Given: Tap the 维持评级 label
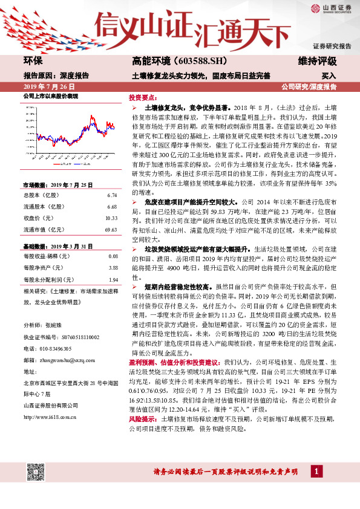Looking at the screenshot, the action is [x=318, y=61].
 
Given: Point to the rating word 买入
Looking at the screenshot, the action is [x=329, y=76].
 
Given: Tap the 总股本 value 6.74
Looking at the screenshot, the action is [x=111, y=196].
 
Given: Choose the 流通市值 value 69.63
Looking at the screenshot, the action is [x=110, y=230].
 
